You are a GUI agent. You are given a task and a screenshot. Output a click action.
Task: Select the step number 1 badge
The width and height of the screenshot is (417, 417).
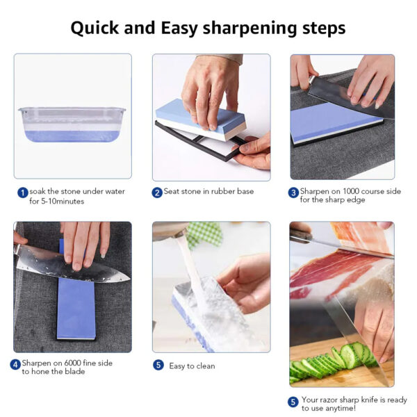click(x=23, y=193)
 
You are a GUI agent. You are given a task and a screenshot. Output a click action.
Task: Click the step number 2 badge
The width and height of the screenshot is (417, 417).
click(x=157, y=193)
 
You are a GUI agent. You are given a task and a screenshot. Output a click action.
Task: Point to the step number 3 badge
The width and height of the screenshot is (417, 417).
click(x=294, y=193)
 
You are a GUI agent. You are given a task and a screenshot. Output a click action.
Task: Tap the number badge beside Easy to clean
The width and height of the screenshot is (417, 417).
click(x=158, y=365)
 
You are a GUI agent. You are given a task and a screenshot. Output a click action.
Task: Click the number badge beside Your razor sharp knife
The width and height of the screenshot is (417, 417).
click(x=294, y=401)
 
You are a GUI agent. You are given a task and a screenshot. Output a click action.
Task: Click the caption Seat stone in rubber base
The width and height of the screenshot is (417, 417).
click(x=208, y=192)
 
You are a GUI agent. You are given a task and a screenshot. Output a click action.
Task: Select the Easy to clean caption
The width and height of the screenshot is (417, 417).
click(x=192, y=366)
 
